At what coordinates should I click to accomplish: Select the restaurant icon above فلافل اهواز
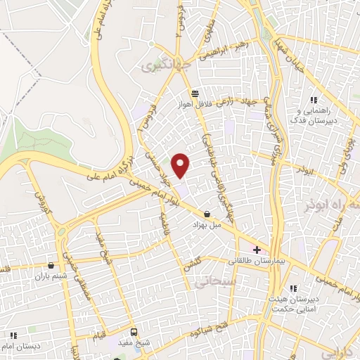click(x=195, y=93)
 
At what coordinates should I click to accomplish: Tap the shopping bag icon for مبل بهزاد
click(x=207, y=214)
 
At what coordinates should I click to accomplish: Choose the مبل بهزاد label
click(x=207, y=225)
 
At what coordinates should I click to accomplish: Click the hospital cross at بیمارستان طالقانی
click(x=257, y=250)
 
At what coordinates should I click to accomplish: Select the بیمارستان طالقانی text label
click(x=257, y=261)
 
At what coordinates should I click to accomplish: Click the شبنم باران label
click(x=46, y=276)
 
